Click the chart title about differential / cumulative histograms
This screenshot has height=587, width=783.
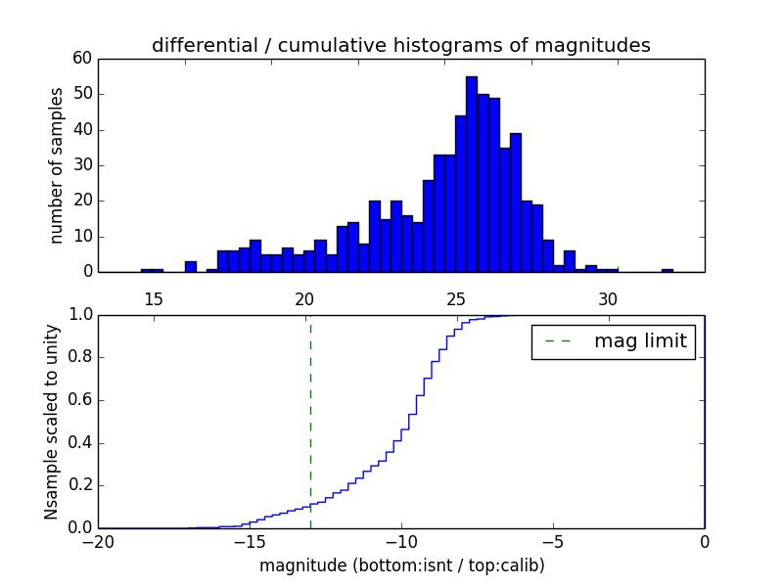pyautogui.click(x=400, y=45)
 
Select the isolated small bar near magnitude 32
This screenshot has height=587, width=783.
pyautogui.click(x=667, y=270)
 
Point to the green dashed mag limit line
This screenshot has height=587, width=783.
pyautogui.click(x=310, y=421)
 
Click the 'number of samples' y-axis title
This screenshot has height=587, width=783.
pyautogui.click(x=57, y=164)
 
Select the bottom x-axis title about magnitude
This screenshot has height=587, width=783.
pyautogui.click(x=401, y=565)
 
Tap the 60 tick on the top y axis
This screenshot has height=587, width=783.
pyautogui.click(x=82, y=59)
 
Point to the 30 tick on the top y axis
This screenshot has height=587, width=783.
pyautogui.click(x=82, y=165)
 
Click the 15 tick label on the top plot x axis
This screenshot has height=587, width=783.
pyautogui.click(x=153, y=298)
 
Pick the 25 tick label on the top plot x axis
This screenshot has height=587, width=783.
pyautogui.click(x=456, y=298)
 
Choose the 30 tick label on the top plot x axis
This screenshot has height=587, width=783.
pyautogui.click(x=608, y=298)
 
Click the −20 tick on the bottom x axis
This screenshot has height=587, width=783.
pyautogui.click(x=98, y=542)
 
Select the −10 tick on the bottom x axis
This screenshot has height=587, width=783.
pyautogui.click(x=400, y=542)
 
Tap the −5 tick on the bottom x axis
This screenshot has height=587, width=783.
pyautogui.click(x=552, y=542)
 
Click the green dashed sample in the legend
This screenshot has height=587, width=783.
pyautogui.click(x=557, y=341)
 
